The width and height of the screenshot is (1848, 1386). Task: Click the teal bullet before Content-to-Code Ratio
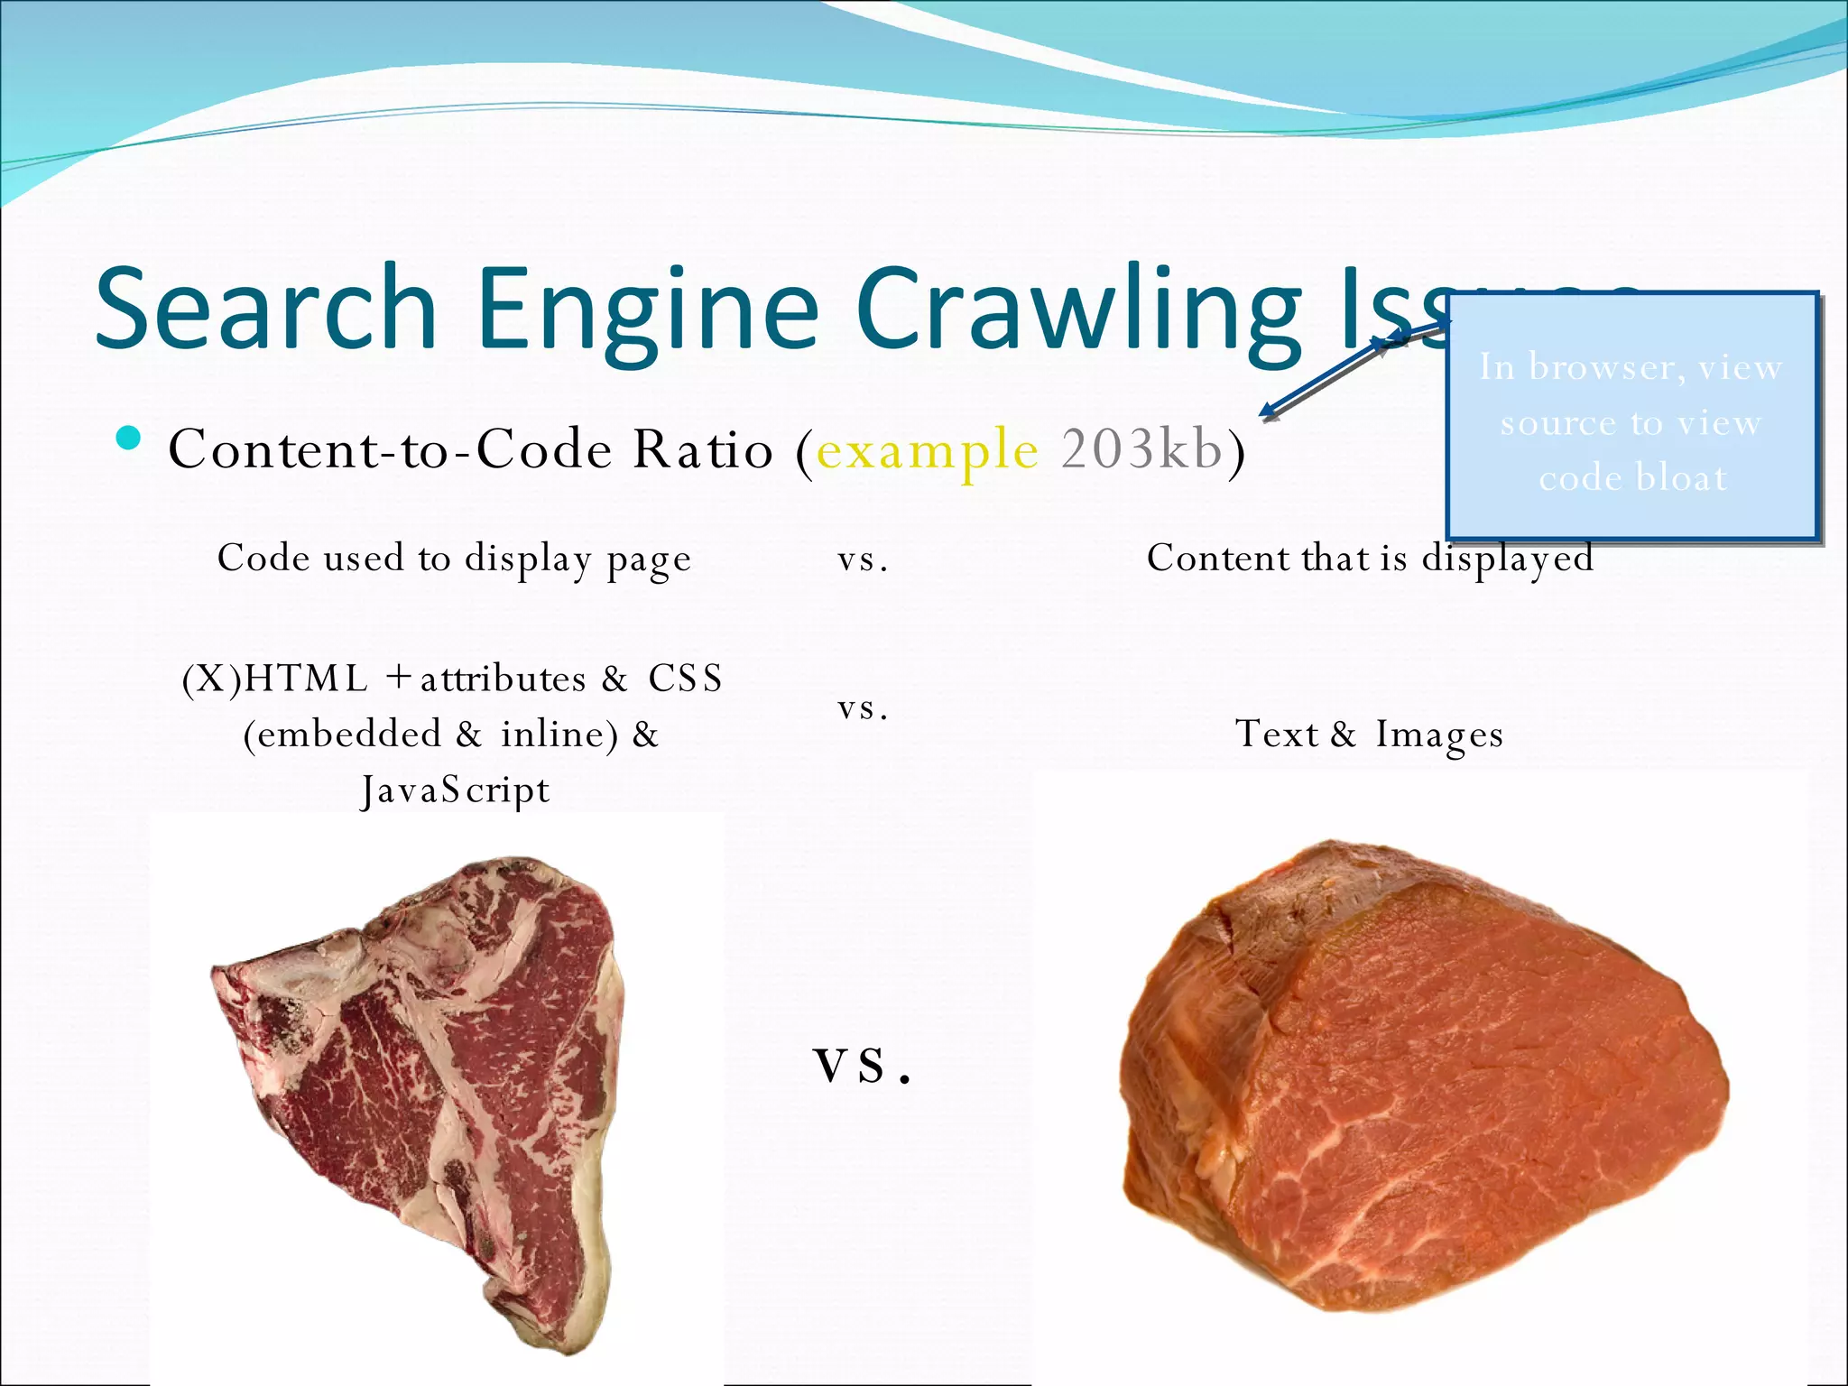click(x=129, y=439)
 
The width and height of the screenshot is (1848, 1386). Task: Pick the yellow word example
click(x=928, y=449)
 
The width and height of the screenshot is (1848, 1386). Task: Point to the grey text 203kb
click(x=1141, y=448)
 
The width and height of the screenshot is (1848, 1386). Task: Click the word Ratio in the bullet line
click(x=702, y=448)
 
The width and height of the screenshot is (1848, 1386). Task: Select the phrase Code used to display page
click(x=454, y=559)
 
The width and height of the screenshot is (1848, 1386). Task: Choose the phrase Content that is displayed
click(x=1369, y=559)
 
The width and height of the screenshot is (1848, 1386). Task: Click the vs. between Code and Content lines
click(x=863, y=560)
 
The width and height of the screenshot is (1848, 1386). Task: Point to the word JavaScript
click(x=455, y=790)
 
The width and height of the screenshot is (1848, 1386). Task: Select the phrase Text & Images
click(x=1369, y=735)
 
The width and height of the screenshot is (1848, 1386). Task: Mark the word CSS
click(x=685, y=679)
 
